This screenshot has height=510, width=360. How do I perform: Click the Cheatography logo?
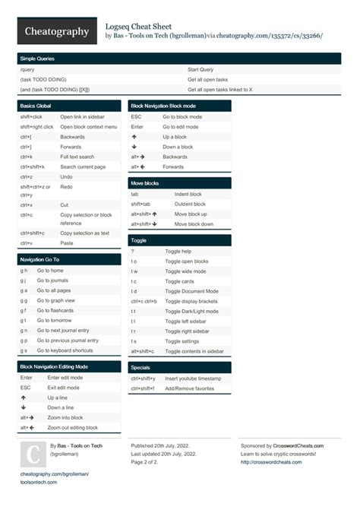(x=57, y=31)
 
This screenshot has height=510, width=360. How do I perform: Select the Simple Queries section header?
(x=37, y=59)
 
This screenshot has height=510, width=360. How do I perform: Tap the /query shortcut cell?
(x=27, y=69)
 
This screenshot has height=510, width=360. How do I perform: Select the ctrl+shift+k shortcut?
(x=33, y=166)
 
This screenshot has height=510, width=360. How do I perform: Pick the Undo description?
(x=68, y=176)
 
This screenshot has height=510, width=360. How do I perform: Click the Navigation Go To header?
(x=39, y=259)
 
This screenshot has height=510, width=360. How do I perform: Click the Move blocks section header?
(x=144, y=183)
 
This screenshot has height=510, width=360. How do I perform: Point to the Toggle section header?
(x=138, y=239)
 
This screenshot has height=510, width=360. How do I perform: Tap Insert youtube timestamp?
(x=193, y=378)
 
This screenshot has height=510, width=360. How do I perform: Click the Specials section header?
(x=141, y=367)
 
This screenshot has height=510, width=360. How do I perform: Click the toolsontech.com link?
(x=38, y=482)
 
